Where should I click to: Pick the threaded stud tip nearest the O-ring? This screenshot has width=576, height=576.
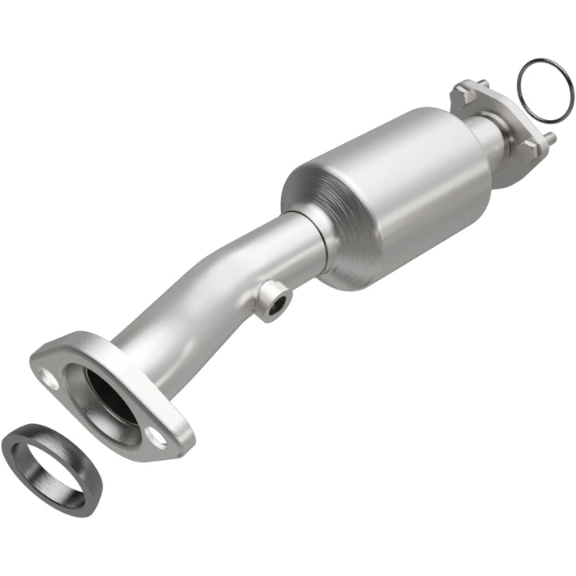pos(551,138)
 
